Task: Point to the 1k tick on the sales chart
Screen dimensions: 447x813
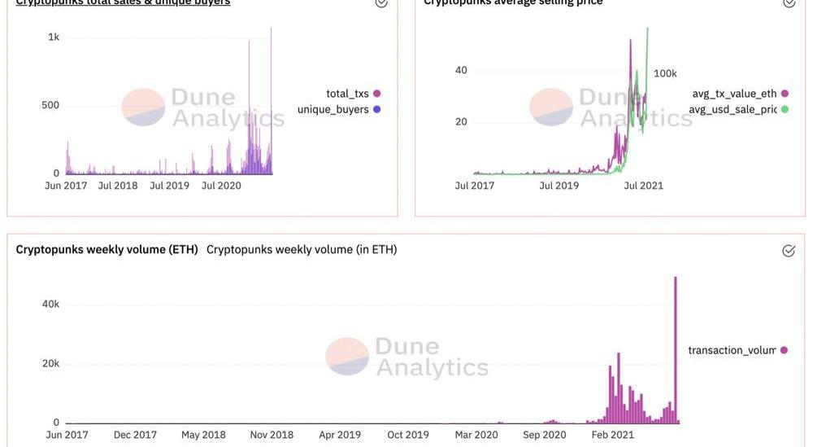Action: tap(54, 37)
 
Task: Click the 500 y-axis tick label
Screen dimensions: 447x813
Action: tap(50, 105)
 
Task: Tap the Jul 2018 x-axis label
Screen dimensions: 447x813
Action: tap(118, 186)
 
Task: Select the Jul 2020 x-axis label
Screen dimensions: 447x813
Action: tap(221, 186)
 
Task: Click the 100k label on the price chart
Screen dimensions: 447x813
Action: tap(665, 73)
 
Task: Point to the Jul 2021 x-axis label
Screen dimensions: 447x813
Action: tap(643, 186)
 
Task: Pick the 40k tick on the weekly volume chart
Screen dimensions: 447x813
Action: tap(50, 304)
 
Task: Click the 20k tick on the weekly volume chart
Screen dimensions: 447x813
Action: tap(50, 363)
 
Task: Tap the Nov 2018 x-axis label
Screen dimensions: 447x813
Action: tap(272, 435)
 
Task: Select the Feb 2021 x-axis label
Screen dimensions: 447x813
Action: tap(612, 435)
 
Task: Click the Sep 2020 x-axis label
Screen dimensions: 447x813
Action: tap(544, 435)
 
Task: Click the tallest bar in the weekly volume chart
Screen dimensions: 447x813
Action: tap(676, 350)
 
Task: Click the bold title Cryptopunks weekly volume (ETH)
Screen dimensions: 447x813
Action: tap(107, 249)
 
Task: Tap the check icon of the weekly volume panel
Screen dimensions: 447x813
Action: tap(789, 251)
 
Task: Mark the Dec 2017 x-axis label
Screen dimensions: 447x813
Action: tap(134, 435)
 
